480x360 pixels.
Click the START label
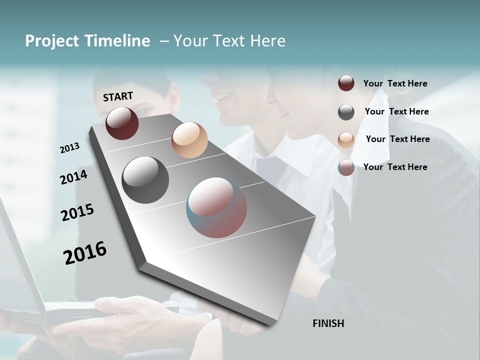(x=118, y=96)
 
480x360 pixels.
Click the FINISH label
(x=328, y=323)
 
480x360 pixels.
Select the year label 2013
(x=70, y=148)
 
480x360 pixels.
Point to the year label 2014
(x=73, y=177)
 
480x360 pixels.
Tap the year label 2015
(x=77, y=212)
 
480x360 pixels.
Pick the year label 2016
(x=85, y=253)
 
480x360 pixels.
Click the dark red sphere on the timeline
(x=122, y=123)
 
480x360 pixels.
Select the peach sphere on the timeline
(x=189, y=140)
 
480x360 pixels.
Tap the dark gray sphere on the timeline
(x=145, y=180)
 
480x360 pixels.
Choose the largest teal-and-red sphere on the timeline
(x=216, y=207)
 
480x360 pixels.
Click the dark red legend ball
(x=346, y=83)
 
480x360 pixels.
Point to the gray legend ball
(x=346, y=112)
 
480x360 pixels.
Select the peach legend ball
(x=346, y=139)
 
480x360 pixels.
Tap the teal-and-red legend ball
(x=346, y=167)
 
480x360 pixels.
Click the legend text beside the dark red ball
(x=395, y=83)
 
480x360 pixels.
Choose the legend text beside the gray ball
(x=396, y=111)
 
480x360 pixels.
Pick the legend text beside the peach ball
(x=397, y=139)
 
